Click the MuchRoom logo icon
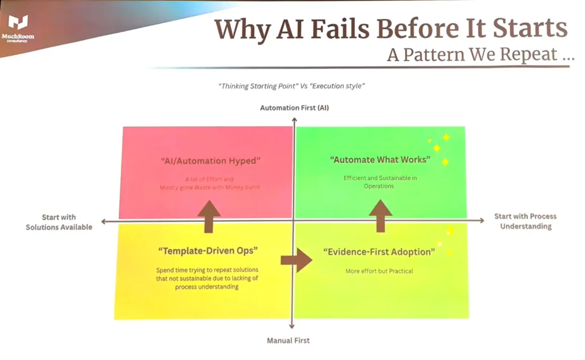tap(18, 23)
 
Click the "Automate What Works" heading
tap(380, 159)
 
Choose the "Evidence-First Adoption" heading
tap(379, 251)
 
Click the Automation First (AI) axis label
tap(294, 107)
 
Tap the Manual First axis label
tap(289, 341)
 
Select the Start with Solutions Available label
tap(59, 222)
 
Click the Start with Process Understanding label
tap(525, 221)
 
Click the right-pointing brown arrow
tap(296, 260)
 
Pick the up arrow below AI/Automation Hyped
tap(209, 217)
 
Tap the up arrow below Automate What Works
tap(380, 215)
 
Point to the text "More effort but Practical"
tap(379, 271)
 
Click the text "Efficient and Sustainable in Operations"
tap(380, 182)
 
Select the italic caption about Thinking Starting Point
tap(291, 86)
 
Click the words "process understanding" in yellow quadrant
tap(207, 287)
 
